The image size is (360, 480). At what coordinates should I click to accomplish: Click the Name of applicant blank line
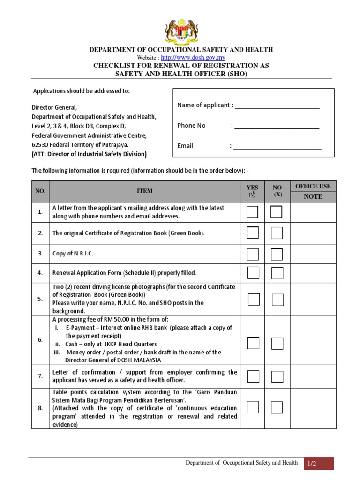pos(277,106)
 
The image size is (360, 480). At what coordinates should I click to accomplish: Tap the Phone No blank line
pos(277,126)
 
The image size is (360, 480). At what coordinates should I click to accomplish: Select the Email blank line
pos(277,146)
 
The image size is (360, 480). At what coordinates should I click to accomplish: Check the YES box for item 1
pos(253,212)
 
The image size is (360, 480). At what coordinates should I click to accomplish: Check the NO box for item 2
pos(277,233)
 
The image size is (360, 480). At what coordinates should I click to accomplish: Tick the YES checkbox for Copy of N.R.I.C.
pos(253,254)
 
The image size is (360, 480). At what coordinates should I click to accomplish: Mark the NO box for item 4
pos(277,273)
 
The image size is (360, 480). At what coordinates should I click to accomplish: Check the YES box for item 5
pos(254,300)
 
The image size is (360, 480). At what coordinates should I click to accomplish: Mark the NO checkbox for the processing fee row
pos(277,343)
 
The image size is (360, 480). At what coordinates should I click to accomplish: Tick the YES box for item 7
pos(253,376)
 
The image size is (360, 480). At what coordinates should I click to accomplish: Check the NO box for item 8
pos(277,407)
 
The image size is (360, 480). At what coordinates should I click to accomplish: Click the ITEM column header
pos(144,191)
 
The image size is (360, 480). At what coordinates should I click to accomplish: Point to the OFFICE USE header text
pos(313,186)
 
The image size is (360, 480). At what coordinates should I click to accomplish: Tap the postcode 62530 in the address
pos(40,144)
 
